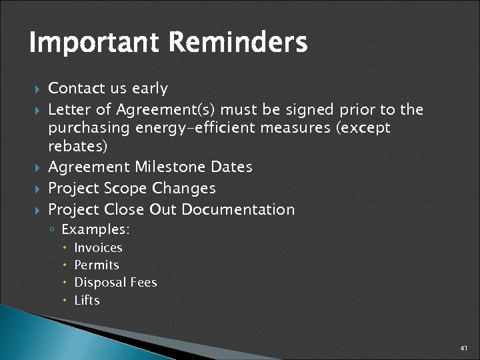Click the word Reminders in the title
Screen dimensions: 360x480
pyautogui.click(x=238, y=43)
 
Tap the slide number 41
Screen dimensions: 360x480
pyautogui.click(x=464, y=349)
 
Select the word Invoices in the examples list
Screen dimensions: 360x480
pyautogui.click(x=98, y=248)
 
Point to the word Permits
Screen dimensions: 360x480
pyautogui.click(x=97, y=265)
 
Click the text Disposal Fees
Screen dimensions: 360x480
pyautogui.click(x=115, y=283)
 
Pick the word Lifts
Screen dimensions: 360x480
pyautogui.click(x=87, y=301)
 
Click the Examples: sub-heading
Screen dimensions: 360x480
pyautogui.click(x=95, y=230)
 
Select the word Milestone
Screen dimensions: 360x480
pyautogui.click(x=171, y=167)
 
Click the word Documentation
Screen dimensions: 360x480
pyautogui.click(x=238, y=209)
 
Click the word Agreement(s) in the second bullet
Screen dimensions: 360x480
pyautogui.click(x=167, y=109)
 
